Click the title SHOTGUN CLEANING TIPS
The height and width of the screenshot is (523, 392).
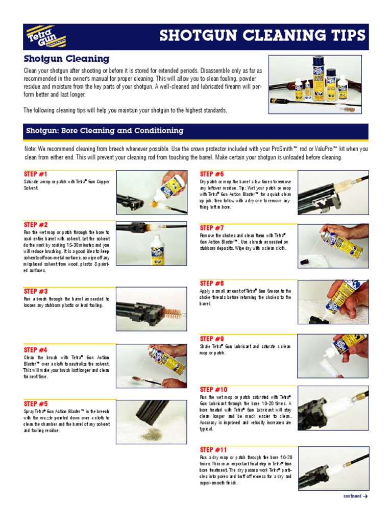[x=262, y=35]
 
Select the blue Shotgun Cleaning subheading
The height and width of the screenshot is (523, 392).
[x=66, y=59]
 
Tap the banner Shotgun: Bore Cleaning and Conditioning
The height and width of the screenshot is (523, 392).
[x=105, y=131]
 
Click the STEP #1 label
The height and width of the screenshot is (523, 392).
[x=35, y=174]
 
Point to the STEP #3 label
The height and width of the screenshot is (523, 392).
[x=35, y=291]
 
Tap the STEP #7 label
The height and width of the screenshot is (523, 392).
[x=212, y=228]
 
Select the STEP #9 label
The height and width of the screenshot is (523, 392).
[x=212, y=339]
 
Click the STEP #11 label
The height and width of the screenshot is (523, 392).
[x=213, y=450]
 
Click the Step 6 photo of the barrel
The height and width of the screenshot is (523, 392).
[x=332, y=193]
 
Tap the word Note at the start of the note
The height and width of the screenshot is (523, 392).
[x=30, y=149]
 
